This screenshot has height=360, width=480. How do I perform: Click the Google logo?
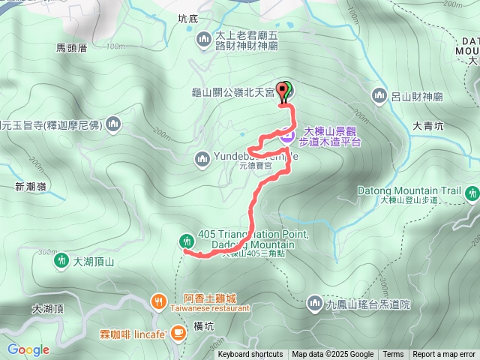tap(28, 349)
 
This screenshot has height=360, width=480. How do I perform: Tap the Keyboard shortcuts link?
tap(250, 355)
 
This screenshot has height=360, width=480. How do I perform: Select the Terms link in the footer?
tap(393, 355)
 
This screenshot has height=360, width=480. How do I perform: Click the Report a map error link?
tap(444, 355)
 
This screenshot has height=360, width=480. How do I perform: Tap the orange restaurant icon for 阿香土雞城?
tap(158, 301)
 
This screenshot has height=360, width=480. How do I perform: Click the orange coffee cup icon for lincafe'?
tap(178, 331)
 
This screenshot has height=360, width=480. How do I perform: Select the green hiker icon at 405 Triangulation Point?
tap(186, 241)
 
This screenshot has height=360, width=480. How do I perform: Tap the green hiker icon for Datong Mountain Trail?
tap(472, 192)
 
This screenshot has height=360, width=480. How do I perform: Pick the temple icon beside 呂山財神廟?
tap(379, 95)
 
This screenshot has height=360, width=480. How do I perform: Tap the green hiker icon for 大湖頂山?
tap(60, 261)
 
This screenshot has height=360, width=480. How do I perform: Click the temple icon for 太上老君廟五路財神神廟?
tap(203, 38)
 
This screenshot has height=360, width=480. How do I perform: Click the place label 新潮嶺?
tap(30, 186)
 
